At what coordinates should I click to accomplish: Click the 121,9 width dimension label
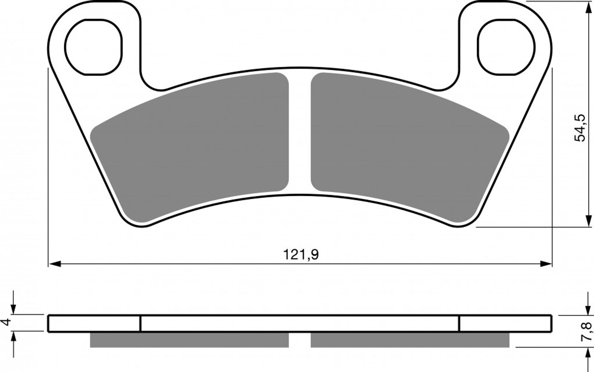(x=301, y=255)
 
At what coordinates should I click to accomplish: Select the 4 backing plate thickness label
(x=6, y=322)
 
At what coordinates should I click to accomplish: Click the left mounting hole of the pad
(x=93, y=47)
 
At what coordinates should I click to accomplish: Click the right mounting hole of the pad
(x=506, y=47)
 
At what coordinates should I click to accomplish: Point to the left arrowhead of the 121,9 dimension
(x=55, y=264)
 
